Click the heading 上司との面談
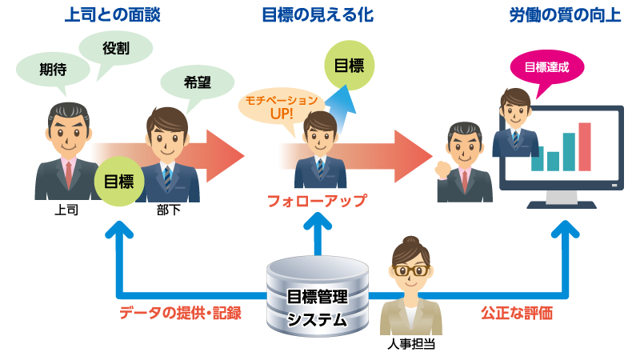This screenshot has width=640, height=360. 112,15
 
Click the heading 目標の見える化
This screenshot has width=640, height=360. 318,15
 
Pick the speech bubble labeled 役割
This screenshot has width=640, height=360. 117,49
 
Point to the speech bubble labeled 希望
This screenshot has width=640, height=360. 197,81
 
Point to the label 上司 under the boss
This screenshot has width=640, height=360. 66,212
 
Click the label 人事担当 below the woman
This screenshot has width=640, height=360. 411,345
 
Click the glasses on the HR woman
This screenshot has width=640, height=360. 411,270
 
